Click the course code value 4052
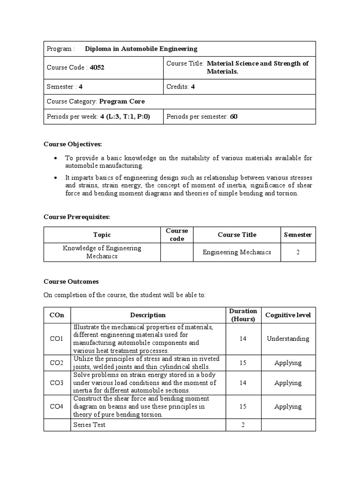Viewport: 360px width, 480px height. [x=97, y=67]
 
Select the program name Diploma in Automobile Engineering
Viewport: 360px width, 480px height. [x=141, y=49]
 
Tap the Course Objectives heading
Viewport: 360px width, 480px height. [x=72, y=144]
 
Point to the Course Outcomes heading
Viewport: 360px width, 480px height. [x=71, y=282]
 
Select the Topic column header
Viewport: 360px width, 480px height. [x=102, y=235]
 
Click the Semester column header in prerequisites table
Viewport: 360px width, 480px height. [x=298, y=235]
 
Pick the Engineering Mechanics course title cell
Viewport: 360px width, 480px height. [x=237, y=252]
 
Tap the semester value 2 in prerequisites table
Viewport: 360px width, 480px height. [x=298, y=252]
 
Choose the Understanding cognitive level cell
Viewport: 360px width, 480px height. [x=288, y=339]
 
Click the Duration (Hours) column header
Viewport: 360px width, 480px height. [x=243, y=315]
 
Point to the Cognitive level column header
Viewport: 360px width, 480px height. [x=288, y=315]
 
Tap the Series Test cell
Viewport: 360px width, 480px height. [x=90, y=425]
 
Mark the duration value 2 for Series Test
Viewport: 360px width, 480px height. [x=243, y=425]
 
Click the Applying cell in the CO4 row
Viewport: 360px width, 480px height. [x=288, y=407]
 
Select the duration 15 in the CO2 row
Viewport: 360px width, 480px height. [x=243, y=363]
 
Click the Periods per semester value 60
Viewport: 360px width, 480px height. [x=233, y=117]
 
